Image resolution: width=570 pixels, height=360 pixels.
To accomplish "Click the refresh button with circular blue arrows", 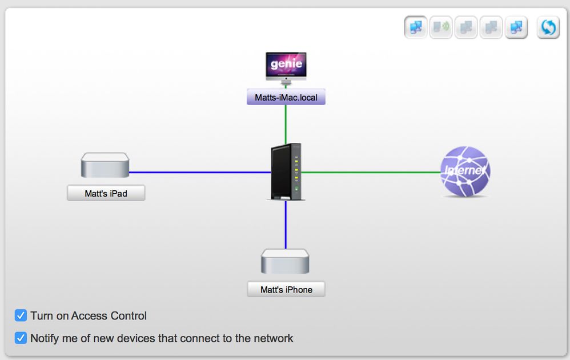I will pyautogui.click(x=548, y=27).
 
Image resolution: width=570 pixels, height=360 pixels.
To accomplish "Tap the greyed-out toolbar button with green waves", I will pyautogui.click(x=441, y=27).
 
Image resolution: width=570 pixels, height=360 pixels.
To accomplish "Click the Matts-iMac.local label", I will pyautogui.click(x=286, y=98).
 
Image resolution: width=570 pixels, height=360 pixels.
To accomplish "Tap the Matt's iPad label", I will pyautogui.click(x=106, y=194).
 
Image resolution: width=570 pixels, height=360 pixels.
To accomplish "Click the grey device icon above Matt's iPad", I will pyautogui.click(x=105, y=165).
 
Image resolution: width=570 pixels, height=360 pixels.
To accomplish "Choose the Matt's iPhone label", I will pyautogui.click(x=286, y=290).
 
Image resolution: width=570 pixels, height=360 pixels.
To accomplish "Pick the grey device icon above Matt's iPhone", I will pyautogui.click(x=286, y=261).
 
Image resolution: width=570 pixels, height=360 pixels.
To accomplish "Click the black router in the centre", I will pyautogui.click(x=286, y=170).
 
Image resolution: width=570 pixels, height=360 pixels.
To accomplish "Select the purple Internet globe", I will pyautogui.click(x=465, y=171).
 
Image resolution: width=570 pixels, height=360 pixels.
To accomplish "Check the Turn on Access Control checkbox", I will pyautogui.click(x=21, y=315).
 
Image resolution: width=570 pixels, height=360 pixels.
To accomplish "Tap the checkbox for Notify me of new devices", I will pyautogui.click(x=21, y=338).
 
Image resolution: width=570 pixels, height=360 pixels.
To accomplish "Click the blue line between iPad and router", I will pyautogui.click(x=200, y=172).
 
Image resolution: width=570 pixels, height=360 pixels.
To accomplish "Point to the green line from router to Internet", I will pyautogui.click(x=371, y=172).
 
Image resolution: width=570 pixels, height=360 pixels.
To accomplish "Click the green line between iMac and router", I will pyautogui.click(x=286, y=123).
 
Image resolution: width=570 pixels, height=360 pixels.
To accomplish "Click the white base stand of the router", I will pyautogui.click(x=286, y=198).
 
